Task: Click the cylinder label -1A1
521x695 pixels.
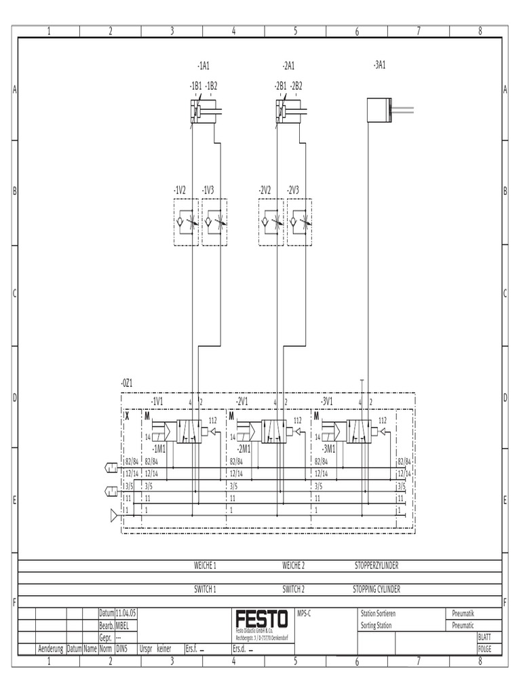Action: coord(204,66)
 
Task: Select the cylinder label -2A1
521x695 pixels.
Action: coord(288,66)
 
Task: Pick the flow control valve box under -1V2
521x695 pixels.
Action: coord(186,222)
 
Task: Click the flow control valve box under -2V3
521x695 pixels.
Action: coord(299,222)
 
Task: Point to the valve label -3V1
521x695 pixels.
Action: coord(327,401)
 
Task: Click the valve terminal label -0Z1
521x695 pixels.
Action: coord(126,383)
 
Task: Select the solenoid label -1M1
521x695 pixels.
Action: coord(159,449)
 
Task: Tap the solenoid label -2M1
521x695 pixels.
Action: coord(244,449)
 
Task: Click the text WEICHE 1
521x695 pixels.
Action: coord(205,565)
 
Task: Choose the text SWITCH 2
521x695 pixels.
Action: coord(294,590)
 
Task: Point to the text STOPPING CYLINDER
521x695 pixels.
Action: coord(381,590)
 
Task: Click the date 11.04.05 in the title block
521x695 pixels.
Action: coord(126,613)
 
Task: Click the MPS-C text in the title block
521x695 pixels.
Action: coord(303,613)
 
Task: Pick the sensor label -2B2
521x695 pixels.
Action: coord(296,86)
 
